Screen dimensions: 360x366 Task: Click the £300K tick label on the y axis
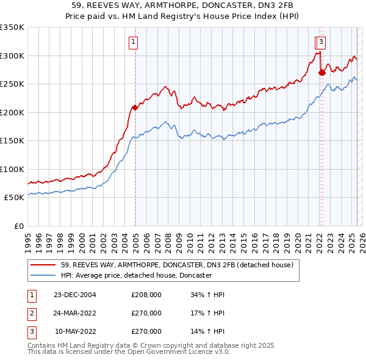[12, 56]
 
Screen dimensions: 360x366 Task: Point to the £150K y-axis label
[12, 140]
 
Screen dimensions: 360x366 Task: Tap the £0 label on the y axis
[18, 226]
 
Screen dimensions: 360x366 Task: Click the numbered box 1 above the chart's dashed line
[132, 42]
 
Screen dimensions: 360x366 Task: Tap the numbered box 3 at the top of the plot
[321, 42]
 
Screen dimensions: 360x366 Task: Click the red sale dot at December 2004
[135, 107]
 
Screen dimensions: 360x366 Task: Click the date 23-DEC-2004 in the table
[75, 295]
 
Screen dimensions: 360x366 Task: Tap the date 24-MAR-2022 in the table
[75, 313]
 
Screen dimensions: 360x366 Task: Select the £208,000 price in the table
[146, 295]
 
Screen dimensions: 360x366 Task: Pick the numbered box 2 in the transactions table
[30, 313]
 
